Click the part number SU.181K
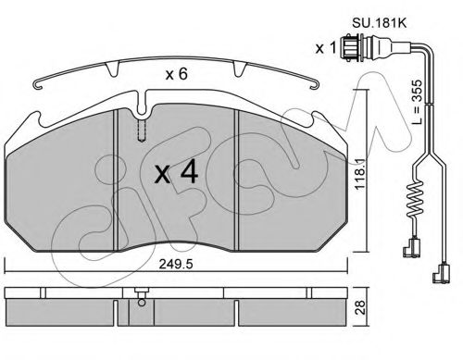tap(380, 23)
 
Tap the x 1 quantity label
tap(325, 48)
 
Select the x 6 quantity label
tap(177, 74)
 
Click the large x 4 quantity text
tap(176, 173)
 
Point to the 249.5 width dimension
tap(176, 264)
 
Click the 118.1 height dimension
tap(360, 174)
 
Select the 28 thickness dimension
tap(360, 307)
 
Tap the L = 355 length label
tap(417, 102)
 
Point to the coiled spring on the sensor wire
tap(415, 199)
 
